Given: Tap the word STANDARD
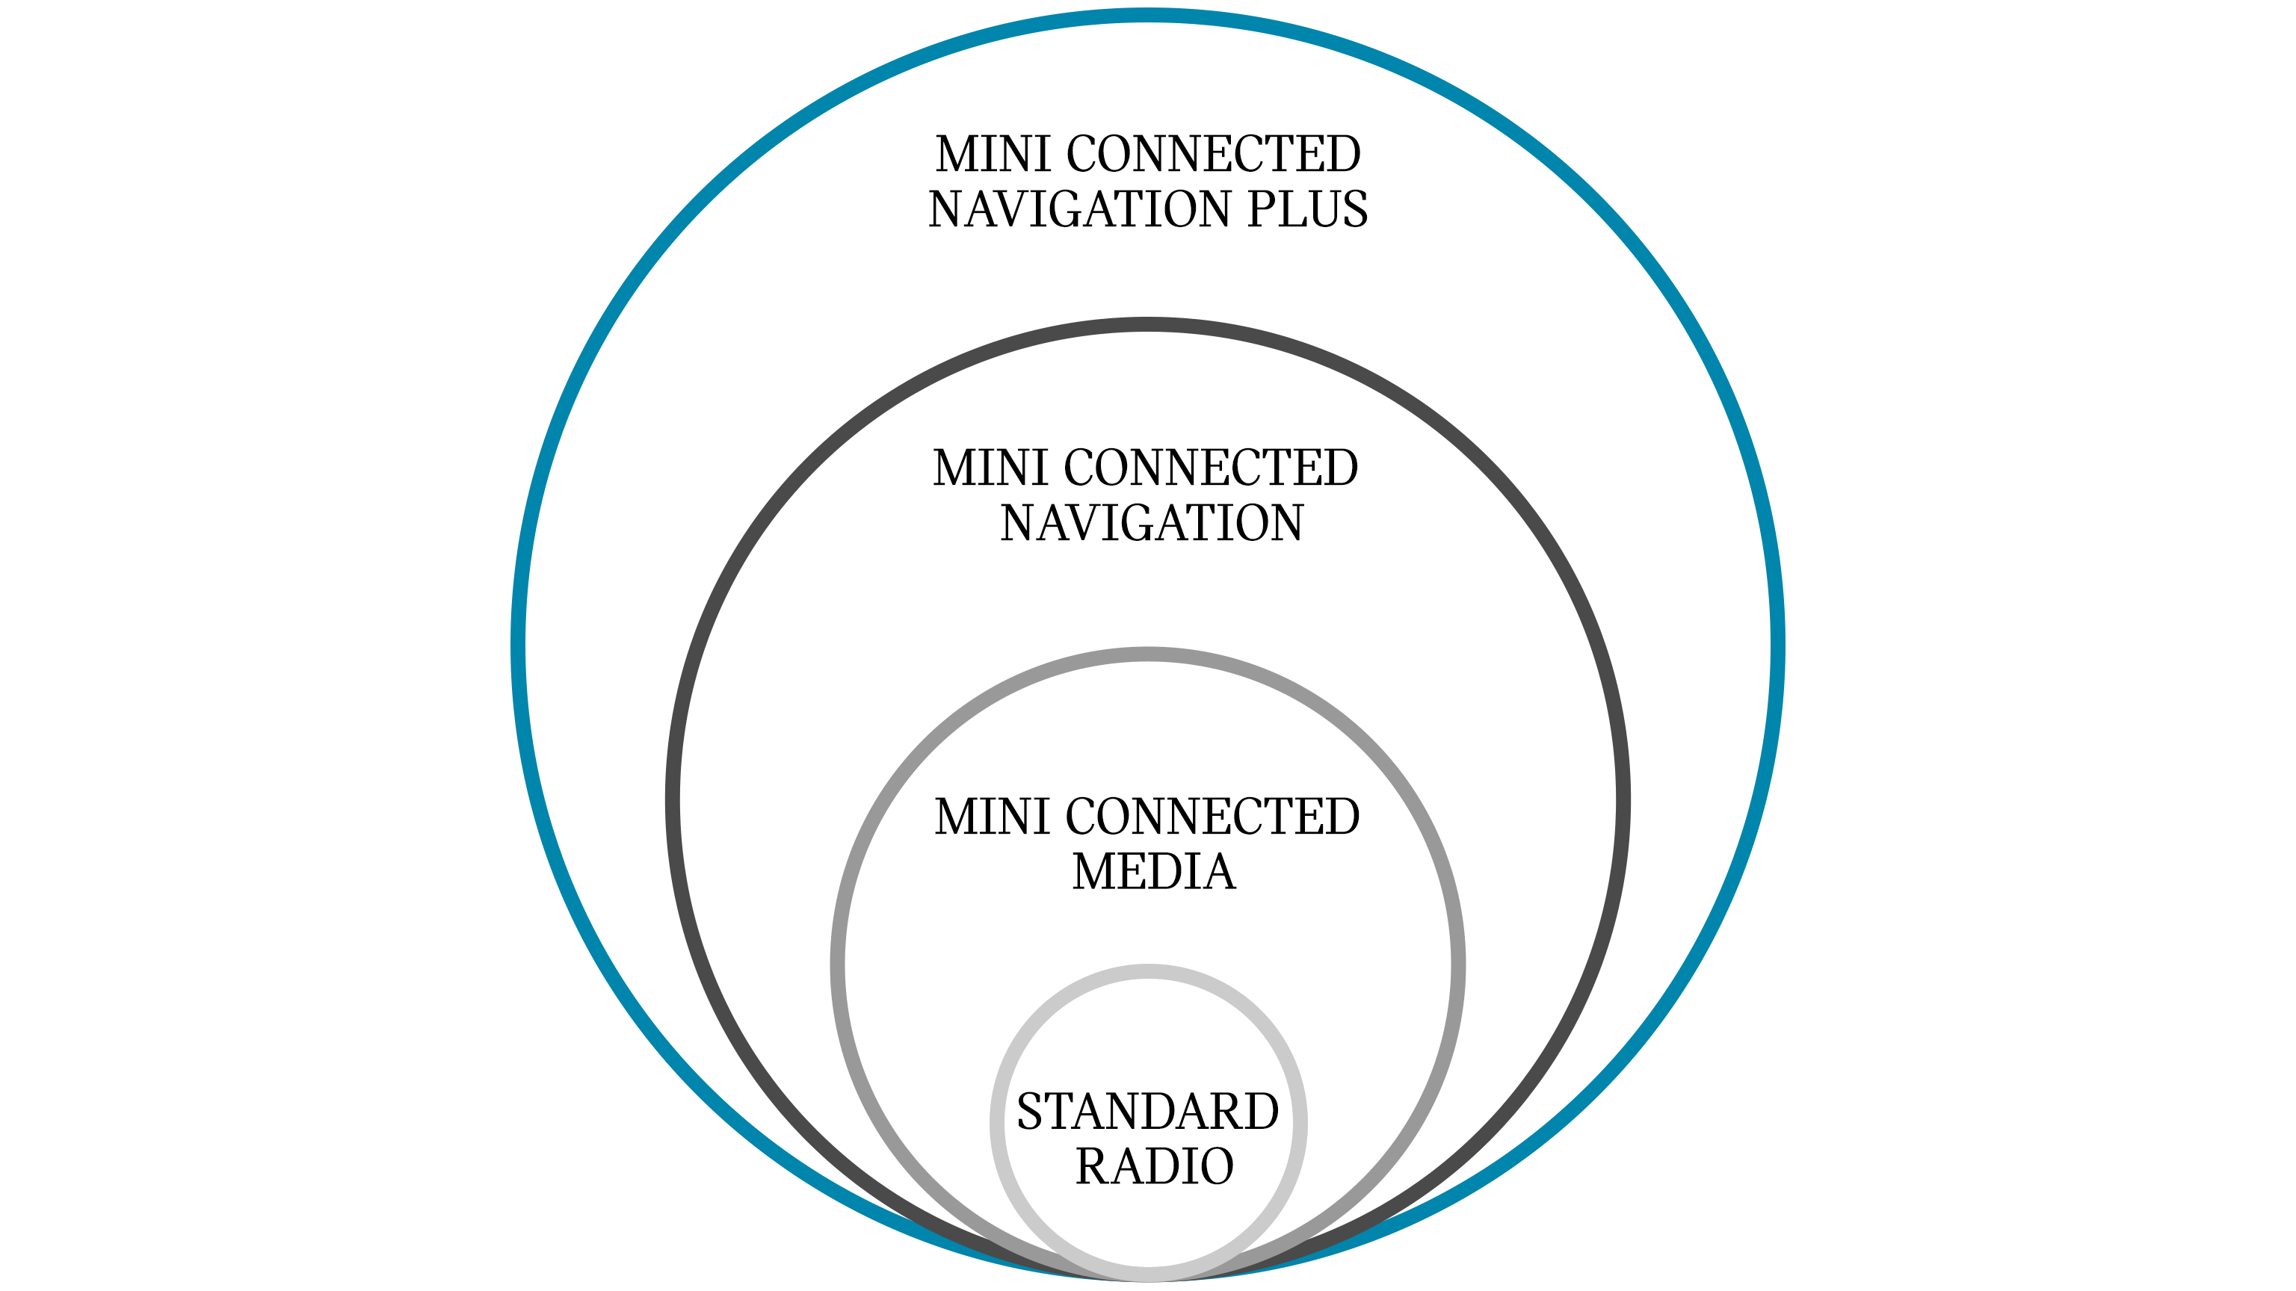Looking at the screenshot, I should pos(1148,1112).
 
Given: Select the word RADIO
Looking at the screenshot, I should pos(1154,1166).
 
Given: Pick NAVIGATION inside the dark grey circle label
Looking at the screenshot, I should pos(1152,523).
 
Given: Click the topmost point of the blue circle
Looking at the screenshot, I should pos(1148,15).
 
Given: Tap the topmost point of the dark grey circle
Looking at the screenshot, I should pos(1148,324).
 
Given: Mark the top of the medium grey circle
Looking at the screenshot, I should pos(1148,654).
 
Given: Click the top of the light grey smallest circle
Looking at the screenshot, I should pos(1148,971).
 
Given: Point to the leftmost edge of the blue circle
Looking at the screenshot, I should pos(518,646).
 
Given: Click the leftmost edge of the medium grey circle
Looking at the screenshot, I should pos(837,965).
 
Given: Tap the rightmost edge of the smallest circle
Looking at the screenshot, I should pos(1300,1123).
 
